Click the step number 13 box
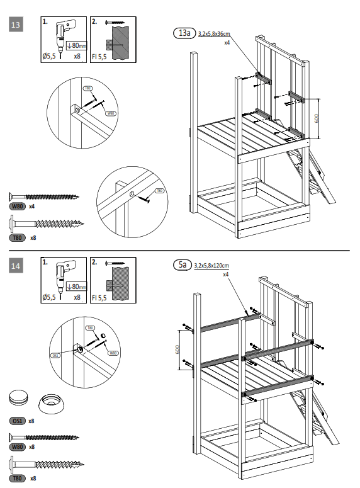pyautogui.click(x=16, y=25)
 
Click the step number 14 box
pyautogui.click(x=16, y=266)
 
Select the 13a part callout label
pyautogui.click(x=184, y=33)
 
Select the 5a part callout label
pyautogui.click(x=182, y=266)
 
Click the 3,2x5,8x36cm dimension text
pyautogui.click(x=214, y=34)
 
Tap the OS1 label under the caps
pyautogui.click(x=17, y=420)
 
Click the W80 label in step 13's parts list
pyautogui.click(x=17, y=206)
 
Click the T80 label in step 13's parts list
pyautogui.click(x=17, y=238)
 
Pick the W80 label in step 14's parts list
pyautogui.click(x=17, y=446)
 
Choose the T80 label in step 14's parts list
pyautogui.click(x=17, y=479)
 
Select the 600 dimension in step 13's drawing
pyautogui.click(x=317, y=118)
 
